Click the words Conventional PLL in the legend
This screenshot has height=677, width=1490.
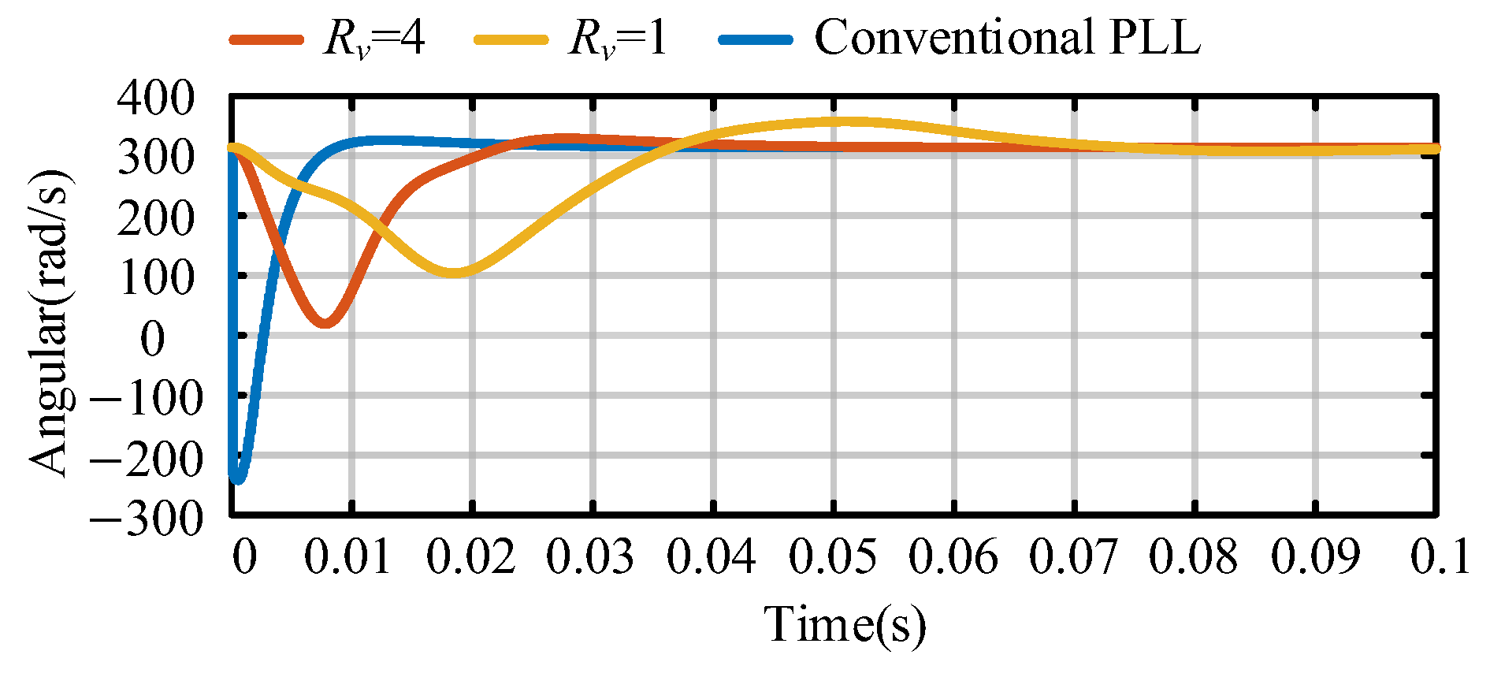(1007, 37)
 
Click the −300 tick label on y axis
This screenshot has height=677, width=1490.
(147, 518)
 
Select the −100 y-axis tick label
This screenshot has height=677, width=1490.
(147, 397)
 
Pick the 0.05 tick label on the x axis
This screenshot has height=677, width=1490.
(832, 557)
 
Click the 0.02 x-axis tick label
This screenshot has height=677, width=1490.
(471, 557)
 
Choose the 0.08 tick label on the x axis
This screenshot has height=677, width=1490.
(1193, 557)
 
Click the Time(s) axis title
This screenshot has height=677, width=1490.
(845, 624)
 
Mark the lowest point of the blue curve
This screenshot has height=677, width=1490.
(237, 479)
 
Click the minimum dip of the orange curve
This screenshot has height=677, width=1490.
(325, 322)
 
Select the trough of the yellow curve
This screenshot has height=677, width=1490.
(455, 273)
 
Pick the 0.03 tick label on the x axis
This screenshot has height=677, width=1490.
(591, 557)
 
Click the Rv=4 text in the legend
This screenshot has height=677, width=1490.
(373, 37)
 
